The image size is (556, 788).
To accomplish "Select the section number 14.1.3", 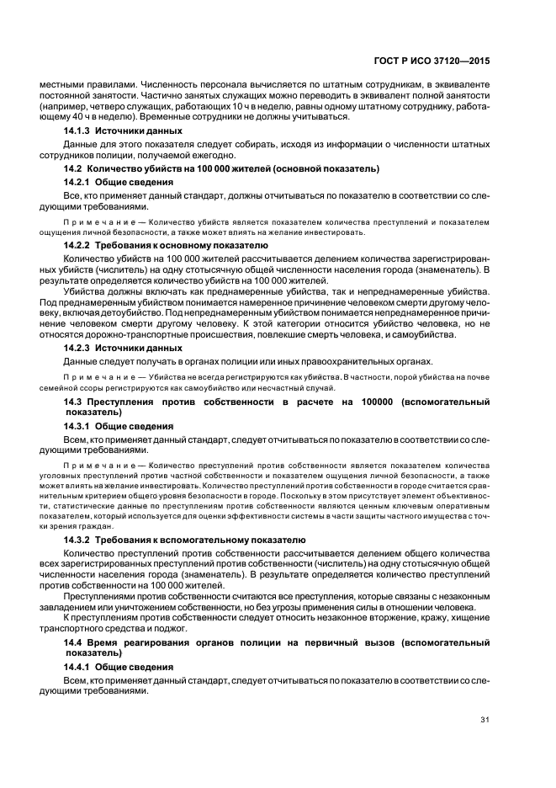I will (78, 132).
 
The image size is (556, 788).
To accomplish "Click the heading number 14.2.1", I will (78, 182).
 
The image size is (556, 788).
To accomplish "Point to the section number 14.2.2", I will (78, 244).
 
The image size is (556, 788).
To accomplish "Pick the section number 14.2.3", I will (78, 347).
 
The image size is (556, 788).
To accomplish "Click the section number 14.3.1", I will (78, 426).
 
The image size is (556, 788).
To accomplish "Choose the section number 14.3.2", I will (78, 539).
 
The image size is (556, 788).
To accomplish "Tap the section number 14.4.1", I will (78, 666).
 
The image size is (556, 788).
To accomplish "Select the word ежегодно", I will (204, 157).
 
